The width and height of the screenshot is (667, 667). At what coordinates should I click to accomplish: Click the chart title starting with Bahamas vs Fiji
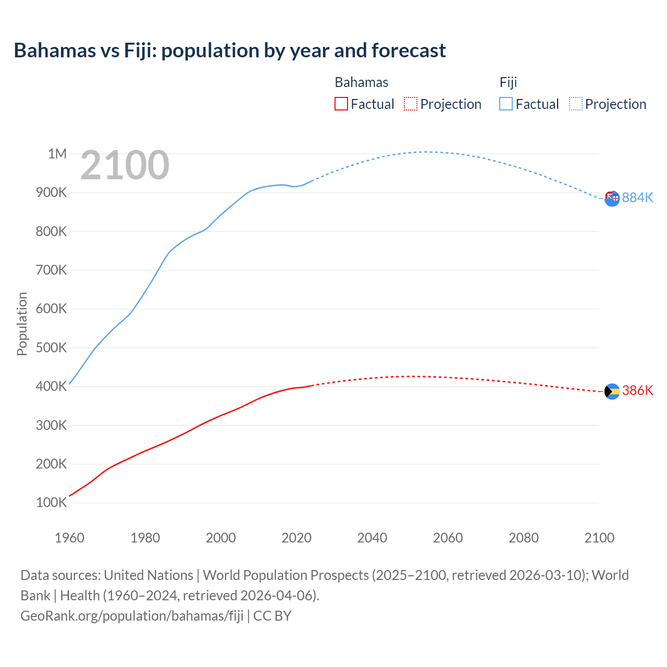click(230, 51)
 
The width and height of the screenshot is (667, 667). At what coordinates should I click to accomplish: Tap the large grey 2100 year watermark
click(125, 165)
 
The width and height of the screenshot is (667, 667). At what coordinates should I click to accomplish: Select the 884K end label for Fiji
click(637, 197)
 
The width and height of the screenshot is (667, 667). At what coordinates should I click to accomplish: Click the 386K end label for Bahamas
click(637, 391)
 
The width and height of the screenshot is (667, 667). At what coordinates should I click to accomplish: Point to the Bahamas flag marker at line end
click(612, 391)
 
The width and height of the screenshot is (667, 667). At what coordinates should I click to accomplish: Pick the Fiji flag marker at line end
click(612, 198)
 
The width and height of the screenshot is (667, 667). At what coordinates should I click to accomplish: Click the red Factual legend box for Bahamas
click(341, 104)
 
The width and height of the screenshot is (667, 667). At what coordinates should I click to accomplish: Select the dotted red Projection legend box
click(411, 104)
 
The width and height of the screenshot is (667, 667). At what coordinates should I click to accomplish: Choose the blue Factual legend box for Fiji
click(505, 104)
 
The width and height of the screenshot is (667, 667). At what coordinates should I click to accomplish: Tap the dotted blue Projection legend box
click(576, 104)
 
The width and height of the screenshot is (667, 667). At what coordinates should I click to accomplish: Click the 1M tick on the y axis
click(57, 154)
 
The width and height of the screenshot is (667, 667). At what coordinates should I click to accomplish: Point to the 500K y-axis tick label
click(51, 348)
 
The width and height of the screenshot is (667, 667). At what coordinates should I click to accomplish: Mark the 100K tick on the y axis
click(51, 503)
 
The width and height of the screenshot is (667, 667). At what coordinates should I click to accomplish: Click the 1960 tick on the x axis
click(69, 538)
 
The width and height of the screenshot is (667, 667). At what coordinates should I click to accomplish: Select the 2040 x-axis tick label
click(372, 538)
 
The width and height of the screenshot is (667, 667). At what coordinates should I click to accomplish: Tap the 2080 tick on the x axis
click(523, 538)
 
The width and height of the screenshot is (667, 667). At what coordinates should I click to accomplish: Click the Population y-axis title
click(22, 324)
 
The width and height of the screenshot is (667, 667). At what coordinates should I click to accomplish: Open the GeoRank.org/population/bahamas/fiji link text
click(132, 616)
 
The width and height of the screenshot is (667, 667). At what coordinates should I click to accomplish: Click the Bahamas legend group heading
click(361, 82)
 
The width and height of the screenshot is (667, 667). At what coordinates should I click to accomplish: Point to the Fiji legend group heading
click(508, 82)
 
